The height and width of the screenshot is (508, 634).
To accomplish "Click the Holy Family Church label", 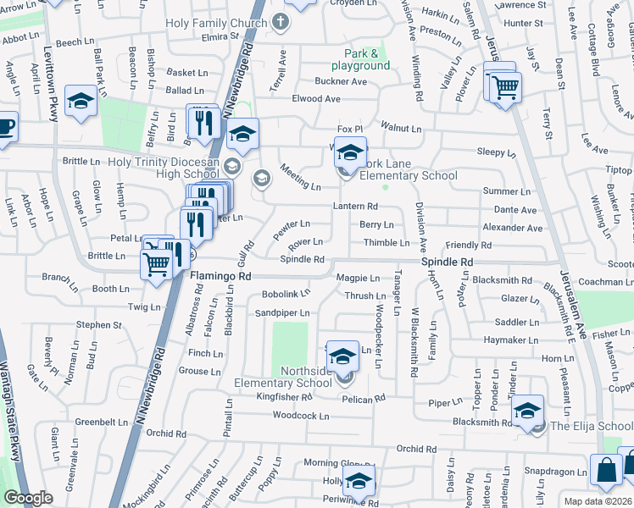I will tap(216, 24).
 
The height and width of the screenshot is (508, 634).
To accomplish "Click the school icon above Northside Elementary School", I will tap(342, 358).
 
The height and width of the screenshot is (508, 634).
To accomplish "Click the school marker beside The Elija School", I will tap(527, 410).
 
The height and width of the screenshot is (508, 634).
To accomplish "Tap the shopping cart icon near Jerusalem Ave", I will tap(504, 86).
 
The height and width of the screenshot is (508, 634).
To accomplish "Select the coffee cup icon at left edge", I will tap(5, 128).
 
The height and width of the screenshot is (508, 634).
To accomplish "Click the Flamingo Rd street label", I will tap(220, 276).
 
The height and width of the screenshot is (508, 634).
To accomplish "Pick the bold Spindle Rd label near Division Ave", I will tap(447, 263).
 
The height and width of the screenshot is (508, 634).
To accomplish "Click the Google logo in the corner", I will tap(29, 499).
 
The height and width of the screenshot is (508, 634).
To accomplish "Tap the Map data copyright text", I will tap(598, 501).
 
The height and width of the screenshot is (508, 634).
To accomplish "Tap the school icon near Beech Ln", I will tap(81, 102).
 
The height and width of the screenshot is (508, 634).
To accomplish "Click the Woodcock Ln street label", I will tap(300, 416).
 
